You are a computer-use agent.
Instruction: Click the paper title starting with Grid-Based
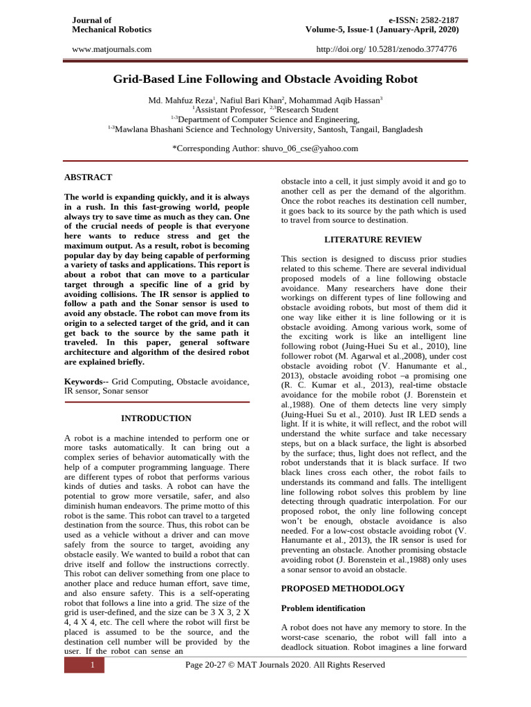coord(265,79)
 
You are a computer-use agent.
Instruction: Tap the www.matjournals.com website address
coord(111,49)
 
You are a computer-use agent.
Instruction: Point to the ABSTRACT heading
coord(88,177)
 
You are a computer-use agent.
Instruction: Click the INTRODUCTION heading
coord(156,418)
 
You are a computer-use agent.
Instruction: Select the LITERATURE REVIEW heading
coord(373,240)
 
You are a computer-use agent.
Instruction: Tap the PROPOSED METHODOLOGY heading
coord(343,588)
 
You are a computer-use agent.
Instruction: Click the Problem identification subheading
coord(322,608)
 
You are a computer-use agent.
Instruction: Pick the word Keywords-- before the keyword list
coord(86,381)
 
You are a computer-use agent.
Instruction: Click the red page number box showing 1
coord(84,665)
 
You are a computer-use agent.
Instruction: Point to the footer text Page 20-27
coord(286,665)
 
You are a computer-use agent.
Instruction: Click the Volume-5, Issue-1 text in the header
coord(382,30)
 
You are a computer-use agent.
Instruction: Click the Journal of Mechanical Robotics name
coord(111,25)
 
